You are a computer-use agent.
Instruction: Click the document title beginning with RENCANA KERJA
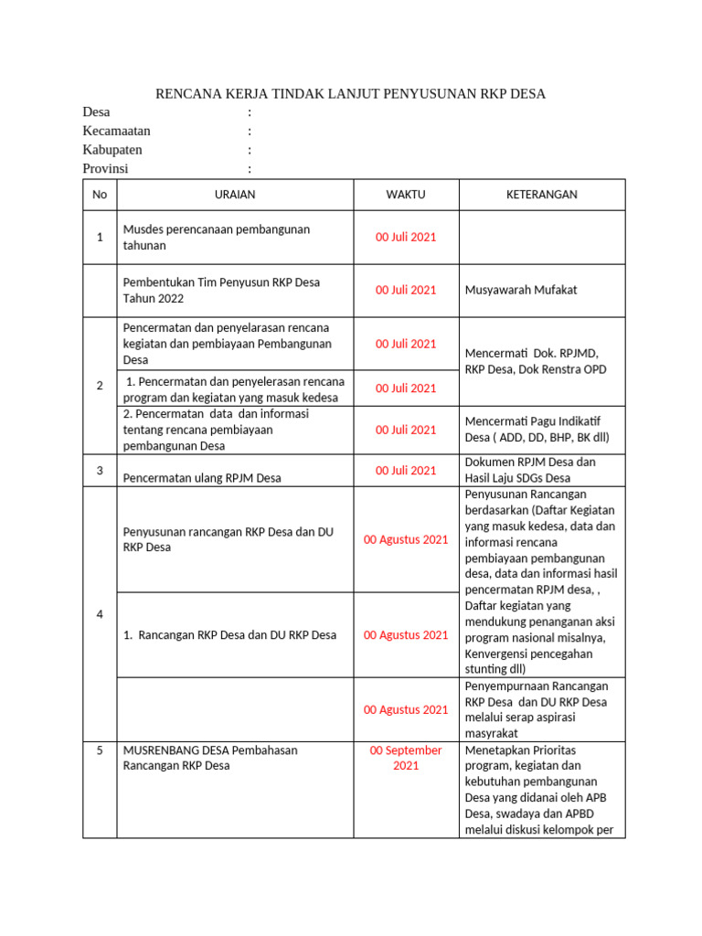[350, 94]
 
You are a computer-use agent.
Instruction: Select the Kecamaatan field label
[116, 131]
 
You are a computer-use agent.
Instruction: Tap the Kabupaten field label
[112, 150]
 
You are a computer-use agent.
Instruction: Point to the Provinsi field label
[106, 169]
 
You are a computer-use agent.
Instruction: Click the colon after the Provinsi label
[250, 169]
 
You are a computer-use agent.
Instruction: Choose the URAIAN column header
[234, 195]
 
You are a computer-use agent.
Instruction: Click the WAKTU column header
[405, 195]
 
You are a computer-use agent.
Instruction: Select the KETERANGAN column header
[542, 195]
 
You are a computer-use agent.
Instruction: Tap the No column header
[100, 195]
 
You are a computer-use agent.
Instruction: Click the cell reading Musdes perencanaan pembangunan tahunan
[217, 237]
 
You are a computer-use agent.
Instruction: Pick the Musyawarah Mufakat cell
[521, 290]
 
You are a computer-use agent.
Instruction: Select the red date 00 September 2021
[406, 758]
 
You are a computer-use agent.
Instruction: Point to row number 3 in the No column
[100, 470]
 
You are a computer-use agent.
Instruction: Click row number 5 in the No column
[100, 750]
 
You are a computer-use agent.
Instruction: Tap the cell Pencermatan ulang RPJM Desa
[202, 477]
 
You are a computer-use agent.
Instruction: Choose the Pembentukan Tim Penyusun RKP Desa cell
[221, 290]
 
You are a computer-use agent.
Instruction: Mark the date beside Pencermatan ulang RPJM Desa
[406, 470]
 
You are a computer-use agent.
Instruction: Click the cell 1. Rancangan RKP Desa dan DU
[229, 634]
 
